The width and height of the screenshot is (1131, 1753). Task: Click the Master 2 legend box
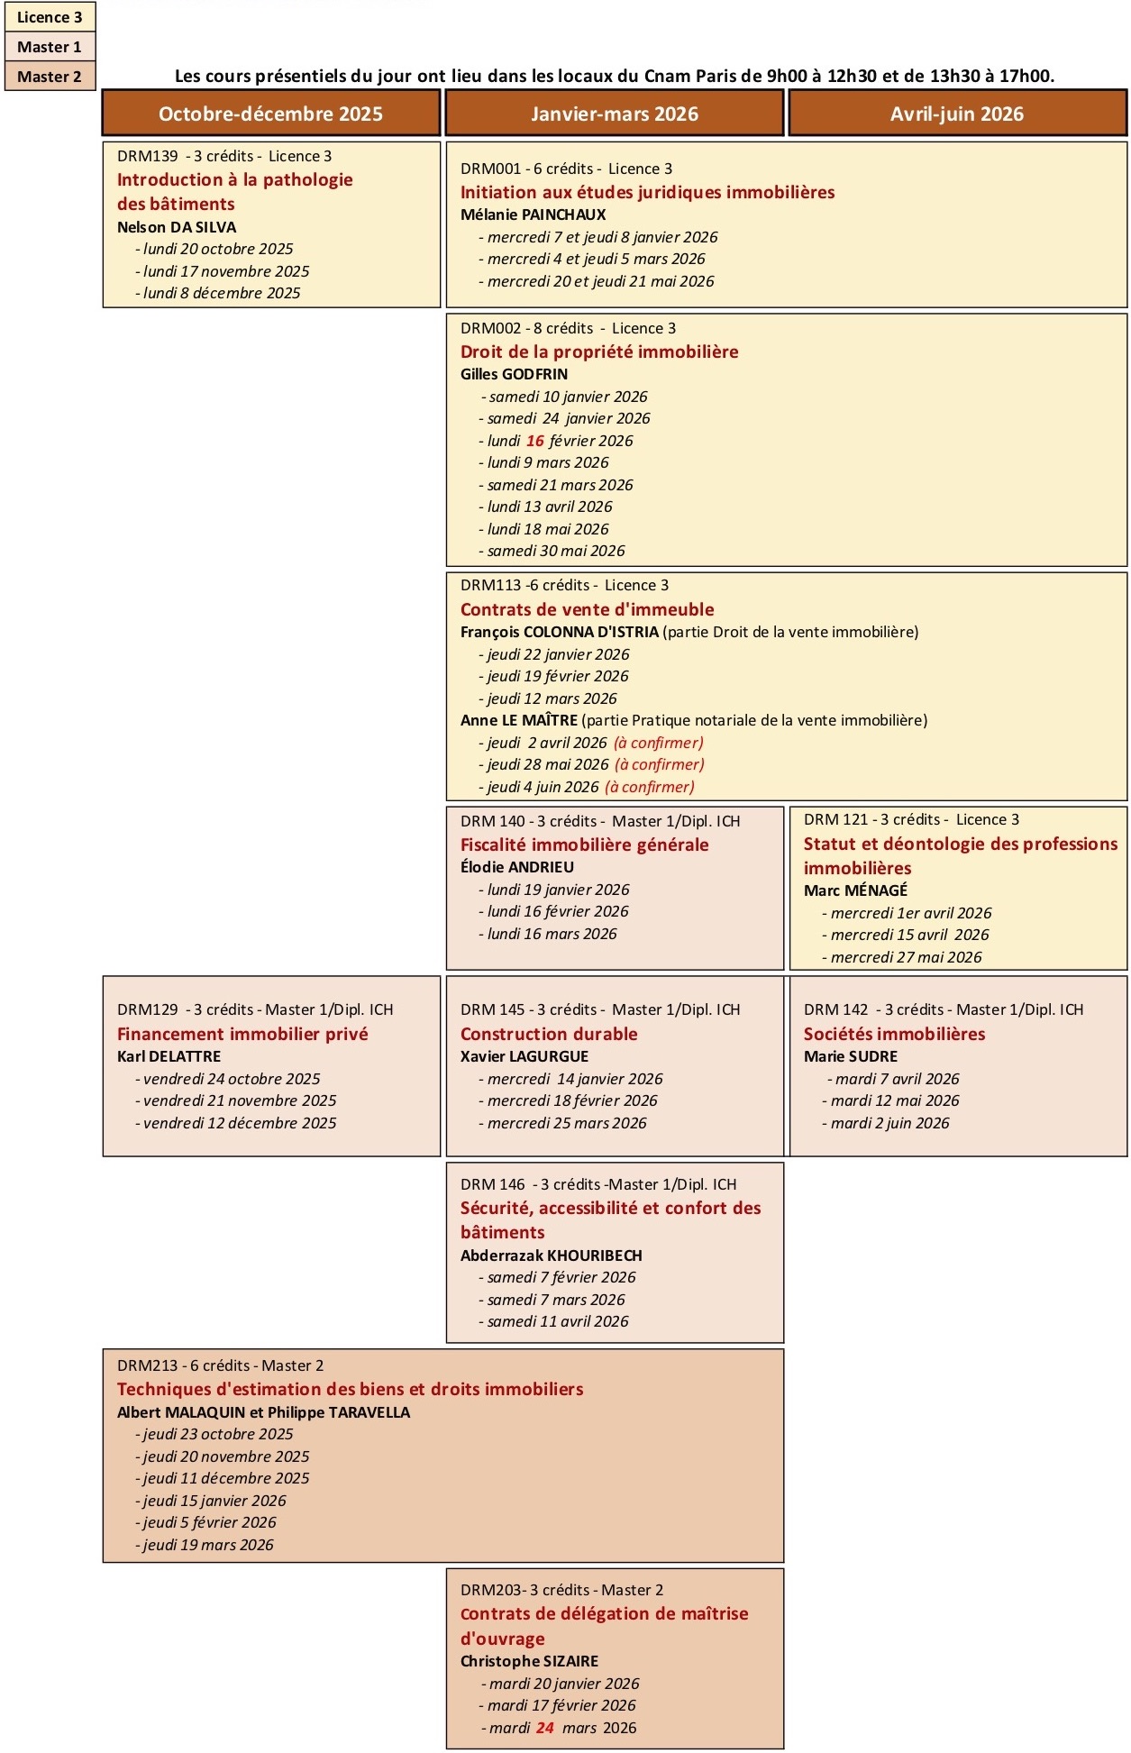[50, 77]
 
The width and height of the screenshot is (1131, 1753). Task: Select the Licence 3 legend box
[50, 17]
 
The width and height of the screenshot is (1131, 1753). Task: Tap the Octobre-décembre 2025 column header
[270, 114]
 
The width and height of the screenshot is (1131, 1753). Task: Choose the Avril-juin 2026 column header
[957, 114]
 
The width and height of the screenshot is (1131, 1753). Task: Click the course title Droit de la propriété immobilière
[599, 352]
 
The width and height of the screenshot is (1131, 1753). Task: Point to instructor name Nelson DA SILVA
[177, 227]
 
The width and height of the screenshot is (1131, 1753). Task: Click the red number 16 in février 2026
[535, 441]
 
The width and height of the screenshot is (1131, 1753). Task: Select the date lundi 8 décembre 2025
[222, 293]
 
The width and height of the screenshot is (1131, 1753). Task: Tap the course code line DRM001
[566, 169]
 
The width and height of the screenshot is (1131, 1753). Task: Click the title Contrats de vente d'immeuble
[587, 609]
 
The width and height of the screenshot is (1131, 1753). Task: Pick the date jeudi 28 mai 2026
[548, 764]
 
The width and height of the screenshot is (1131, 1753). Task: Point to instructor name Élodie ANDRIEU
[516, 867]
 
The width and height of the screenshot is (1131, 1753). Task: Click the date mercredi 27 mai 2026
[906, 957]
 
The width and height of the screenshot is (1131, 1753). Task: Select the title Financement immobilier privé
[242, 1034]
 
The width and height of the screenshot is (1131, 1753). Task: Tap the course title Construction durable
[549, 1034]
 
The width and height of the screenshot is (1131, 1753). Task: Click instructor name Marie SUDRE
[851, 1056]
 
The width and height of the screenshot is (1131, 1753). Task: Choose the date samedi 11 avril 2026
[558, 1321]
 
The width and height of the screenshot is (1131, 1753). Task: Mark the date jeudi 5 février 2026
[210, 1522]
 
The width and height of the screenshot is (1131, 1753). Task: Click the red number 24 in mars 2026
[545, 1728]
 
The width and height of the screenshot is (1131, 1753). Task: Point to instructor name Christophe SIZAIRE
[529, 1661]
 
